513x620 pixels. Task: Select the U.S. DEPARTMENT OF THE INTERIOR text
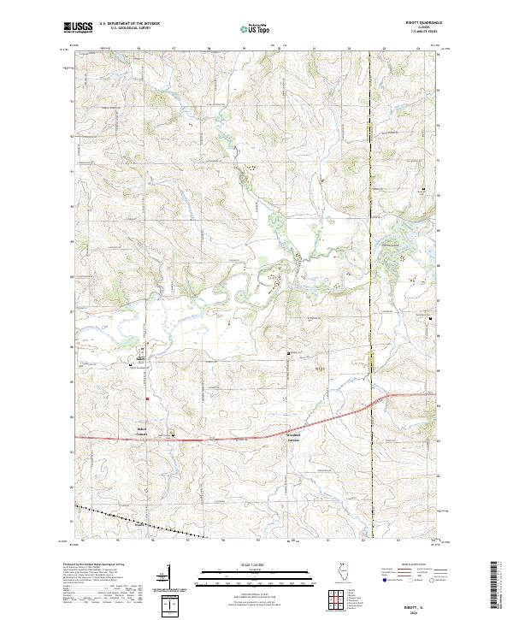(129, 23)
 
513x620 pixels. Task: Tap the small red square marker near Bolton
(147, 398)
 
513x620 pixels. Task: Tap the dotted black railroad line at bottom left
(137, 520)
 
